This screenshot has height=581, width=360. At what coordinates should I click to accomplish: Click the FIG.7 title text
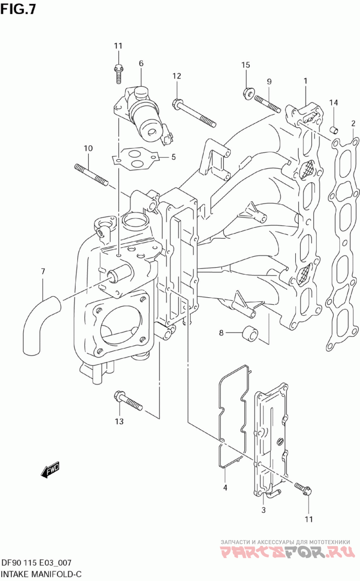18,10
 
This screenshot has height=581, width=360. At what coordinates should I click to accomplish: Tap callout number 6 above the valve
141,63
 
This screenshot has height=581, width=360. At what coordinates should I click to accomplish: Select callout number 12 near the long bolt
177,76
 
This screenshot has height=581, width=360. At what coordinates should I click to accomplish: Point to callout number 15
246,65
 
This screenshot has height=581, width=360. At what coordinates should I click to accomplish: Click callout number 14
334,103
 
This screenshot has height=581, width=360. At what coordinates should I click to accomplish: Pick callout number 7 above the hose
43,272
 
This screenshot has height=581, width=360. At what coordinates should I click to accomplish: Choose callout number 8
221,332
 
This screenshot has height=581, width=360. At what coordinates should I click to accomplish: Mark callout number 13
119,421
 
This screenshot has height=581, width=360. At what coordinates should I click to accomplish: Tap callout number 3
263,510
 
